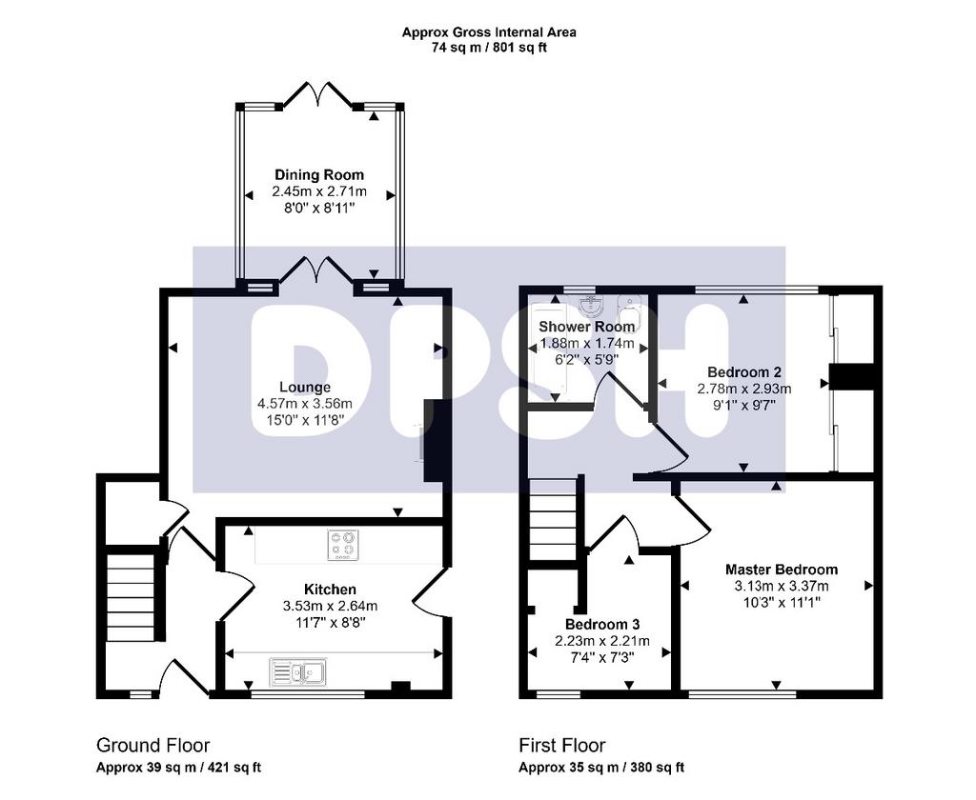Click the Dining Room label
(319, 175)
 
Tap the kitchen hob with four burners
(343, 545)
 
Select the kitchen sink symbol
(297, 672)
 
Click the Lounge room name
(304, 387)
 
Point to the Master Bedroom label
(782, 570)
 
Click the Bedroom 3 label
(602, 624)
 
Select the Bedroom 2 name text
(743, 372)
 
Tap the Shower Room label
(586, 327)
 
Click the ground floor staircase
(130, 596)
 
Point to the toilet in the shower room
(629, 306)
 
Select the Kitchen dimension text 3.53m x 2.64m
(330, 606)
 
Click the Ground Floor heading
(152, 746)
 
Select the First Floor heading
(562, 746)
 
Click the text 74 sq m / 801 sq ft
(489, 48)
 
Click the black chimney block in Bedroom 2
(851, 377)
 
